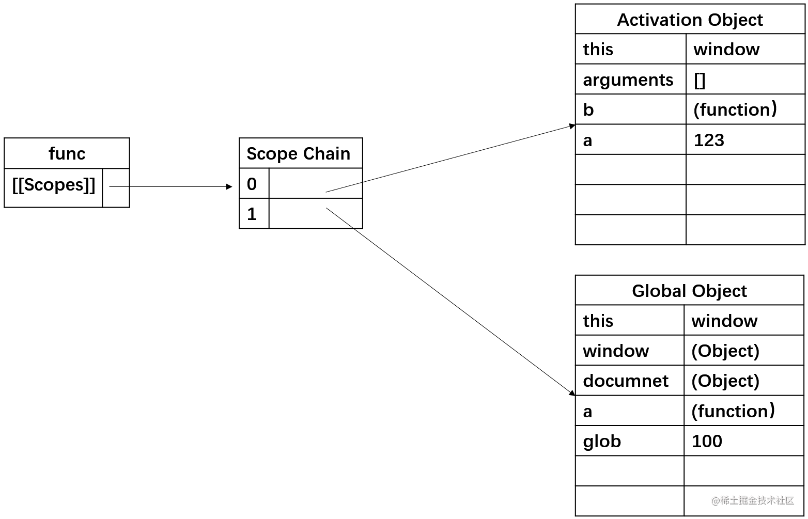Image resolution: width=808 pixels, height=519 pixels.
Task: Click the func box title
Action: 67,154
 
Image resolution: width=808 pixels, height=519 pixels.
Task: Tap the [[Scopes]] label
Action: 54,185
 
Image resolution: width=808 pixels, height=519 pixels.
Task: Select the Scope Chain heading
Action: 298,154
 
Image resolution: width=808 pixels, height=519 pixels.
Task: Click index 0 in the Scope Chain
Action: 252,184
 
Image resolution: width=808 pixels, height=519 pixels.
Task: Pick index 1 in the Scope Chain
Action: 252,214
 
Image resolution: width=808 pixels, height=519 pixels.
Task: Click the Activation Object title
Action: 690,20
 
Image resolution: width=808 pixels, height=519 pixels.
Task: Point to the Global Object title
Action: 689,291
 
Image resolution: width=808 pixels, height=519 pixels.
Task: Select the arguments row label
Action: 628,80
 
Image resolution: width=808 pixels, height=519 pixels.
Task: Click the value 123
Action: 709,140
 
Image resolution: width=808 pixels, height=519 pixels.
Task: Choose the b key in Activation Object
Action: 588,109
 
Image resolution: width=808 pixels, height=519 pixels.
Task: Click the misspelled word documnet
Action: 626,381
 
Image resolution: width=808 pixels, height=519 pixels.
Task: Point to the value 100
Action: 707,441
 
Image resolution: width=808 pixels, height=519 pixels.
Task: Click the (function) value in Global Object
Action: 733,411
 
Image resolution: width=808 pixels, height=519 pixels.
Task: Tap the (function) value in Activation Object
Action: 735,109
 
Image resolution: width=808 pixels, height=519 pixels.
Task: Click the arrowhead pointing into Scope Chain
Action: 229,186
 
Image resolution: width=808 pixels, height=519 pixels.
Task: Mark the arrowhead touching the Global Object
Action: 572,393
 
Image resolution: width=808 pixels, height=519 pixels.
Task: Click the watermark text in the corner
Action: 752,500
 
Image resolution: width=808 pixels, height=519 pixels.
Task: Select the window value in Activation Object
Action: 726,50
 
